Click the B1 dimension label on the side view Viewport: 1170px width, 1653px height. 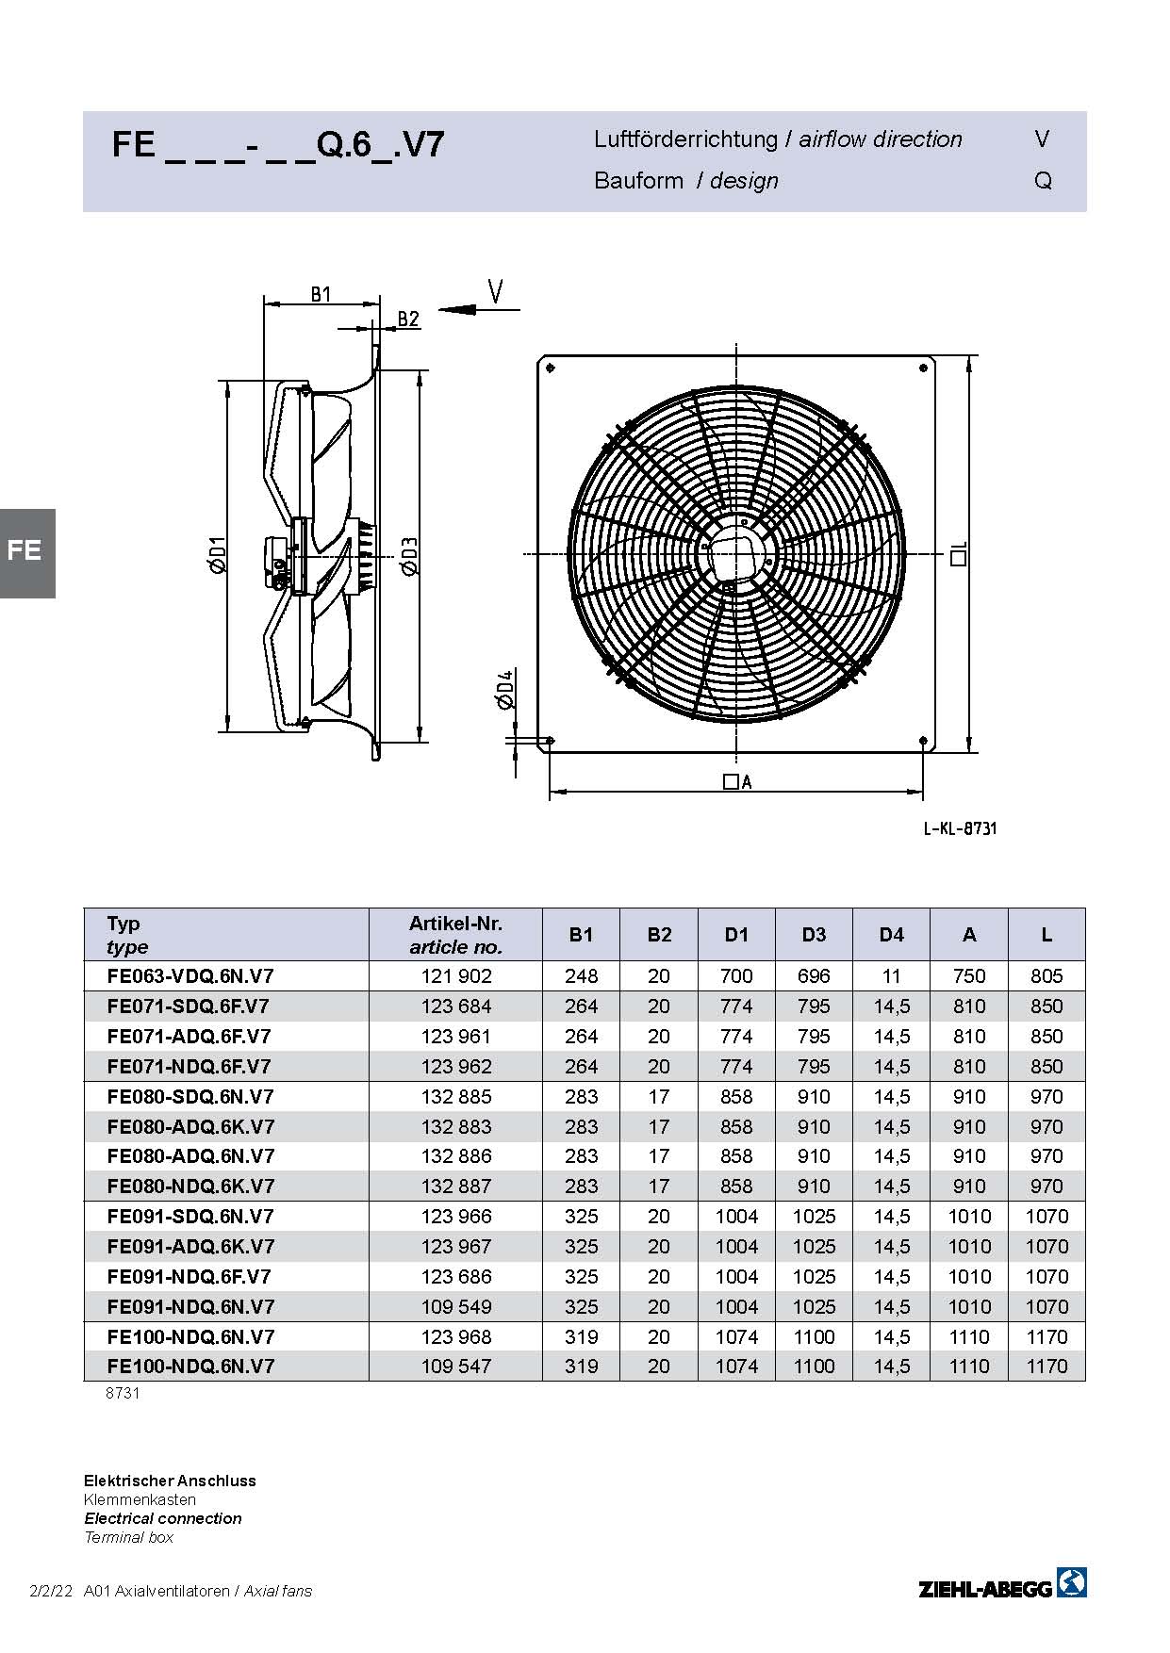pyautogui.click(x=321, y=294)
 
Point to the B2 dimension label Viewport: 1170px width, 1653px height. pyautogui.click(x=408, y=319)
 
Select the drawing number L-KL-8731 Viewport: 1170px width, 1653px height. pyautogui.click(x=960, y=828)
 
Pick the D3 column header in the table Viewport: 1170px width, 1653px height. pyautogui.click(x=814, y=935)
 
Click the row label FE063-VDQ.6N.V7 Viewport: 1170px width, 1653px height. pyautogui.click(x=190, y=976)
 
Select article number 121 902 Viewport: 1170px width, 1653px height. pyautogui.click(x=456, y=976)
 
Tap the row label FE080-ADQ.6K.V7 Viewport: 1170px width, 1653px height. pyautogui.click(x=190, y=1126)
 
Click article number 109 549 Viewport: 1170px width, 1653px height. pyautogui.click(x=456, y=1306)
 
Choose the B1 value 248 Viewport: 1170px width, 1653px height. pyautogui.click(x=582, y=976)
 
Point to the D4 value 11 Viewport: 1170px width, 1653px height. pyautogui.click(x=892, y=976)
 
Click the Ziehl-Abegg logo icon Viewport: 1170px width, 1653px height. pyautogui.click(x=1072, y=1582)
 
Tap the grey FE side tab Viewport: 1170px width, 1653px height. pyautogui.click(x=26, y=553)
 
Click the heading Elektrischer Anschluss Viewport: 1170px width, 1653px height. pyautogui.click(x=170, y=1481)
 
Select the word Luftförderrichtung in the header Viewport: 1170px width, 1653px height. pyautogui.click(x=685, y=139)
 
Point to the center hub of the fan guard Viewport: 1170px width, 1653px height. pyautogui.click(x=738, y=552)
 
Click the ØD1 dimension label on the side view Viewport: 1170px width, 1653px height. pyautogui.click(x=217, y=554)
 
